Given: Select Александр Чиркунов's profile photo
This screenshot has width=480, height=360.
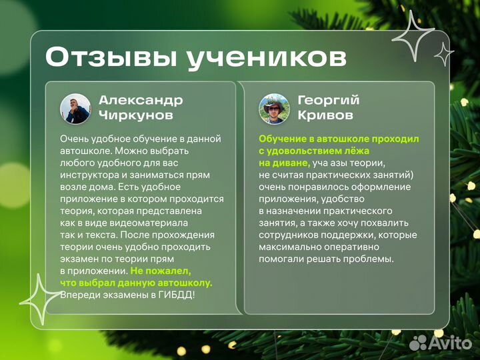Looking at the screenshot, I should pos(75,109).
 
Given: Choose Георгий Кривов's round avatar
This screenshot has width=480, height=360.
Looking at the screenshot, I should pos(274,109).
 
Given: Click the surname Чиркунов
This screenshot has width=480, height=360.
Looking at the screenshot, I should pos(136,116).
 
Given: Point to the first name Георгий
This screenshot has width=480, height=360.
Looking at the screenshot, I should pos(328,101).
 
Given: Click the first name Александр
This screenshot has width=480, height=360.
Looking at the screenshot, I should pos(141,101).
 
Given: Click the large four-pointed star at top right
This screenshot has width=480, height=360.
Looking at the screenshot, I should pos(413,36).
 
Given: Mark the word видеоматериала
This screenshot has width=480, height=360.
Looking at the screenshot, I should pos(149,223).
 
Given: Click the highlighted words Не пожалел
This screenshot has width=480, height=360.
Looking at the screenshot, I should pos(161,271).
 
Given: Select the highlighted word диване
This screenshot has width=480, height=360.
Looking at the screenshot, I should pos(291,163).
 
